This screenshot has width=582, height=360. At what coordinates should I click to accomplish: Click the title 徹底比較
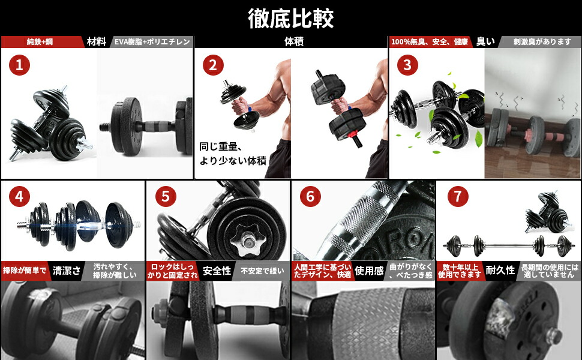click(x=291, y=18)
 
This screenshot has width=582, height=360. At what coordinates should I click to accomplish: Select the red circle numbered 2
click(x=212, y=65)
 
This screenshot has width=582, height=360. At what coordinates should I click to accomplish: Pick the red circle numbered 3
click(x=407, y=65)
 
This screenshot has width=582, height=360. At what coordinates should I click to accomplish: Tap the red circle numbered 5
click(x=164, y=196)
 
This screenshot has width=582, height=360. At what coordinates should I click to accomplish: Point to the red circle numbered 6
click(x=310, y=196)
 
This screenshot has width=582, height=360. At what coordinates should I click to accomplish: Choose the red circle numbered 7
click(x=455, y=196)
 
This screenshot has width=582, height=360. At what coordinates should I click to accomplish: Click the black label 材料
click(x=96, y=42)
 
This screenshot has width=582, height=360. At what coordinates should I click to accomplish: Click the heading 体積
click(x=291, y=42)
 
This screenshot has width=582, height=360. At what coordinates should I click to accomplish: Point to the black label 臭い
click(x=485, y=42)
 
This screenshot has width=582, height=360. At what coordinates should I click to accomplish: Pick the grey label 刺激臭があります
click(x=542, y=42)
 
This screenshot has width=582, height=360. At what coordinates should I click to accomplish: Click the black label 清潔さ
click(x=66, y=271)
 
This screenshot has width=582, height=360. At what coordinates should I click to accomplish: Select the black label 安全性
click(x=217, y=271)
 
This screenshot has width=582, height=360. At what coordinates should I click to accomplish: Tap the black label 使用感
click(x=369, y=271)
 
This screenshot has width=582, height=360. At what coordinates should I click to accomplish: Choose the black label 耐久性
click(x=500, y=271)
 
